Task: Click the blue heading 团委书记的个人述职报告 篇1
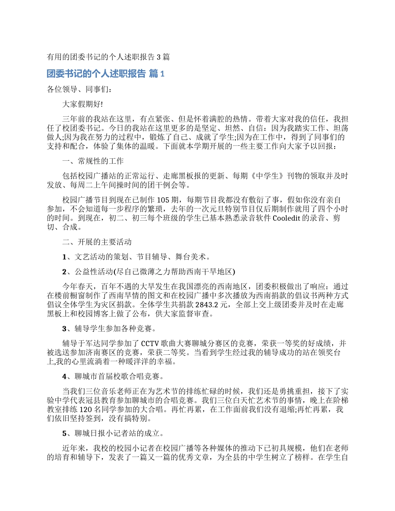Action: tap(106, 74)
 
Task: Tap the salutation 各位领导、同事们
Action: tap(79, 89)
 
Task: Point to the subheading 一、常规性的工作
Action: tap(92, 161)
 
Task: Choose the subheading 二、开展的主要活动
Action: tap(96, 242)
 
